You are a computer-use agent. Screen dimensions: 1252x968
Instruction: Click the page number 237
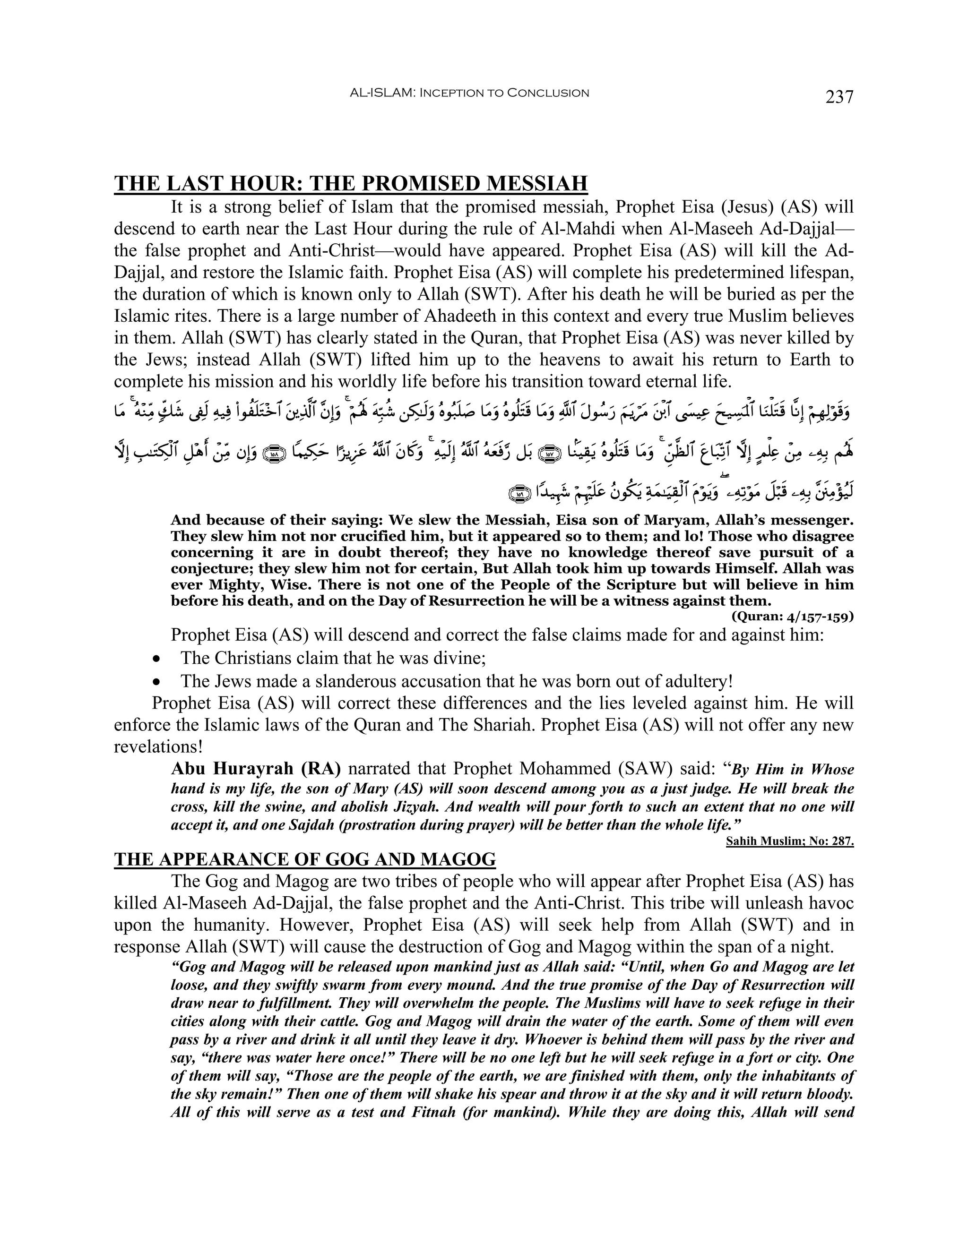(x=839, y=96)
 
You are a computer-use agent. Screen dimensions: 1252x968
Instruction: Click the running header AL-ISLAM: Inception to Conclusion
(x=469, y=93)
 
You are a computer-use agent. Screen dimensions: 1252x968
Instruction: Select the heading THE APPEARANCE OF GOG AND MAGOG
(x=304, y=859)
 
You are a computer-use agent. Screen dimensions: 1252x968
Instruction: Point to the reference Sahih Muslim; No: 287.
(x=790, y=841)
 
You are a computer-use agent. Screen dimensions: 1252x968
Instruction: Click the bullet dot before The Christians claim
(x=156, y=659)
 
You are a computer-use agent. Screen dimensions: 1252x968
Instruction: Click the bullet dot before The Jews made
(x=156, y=682)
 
